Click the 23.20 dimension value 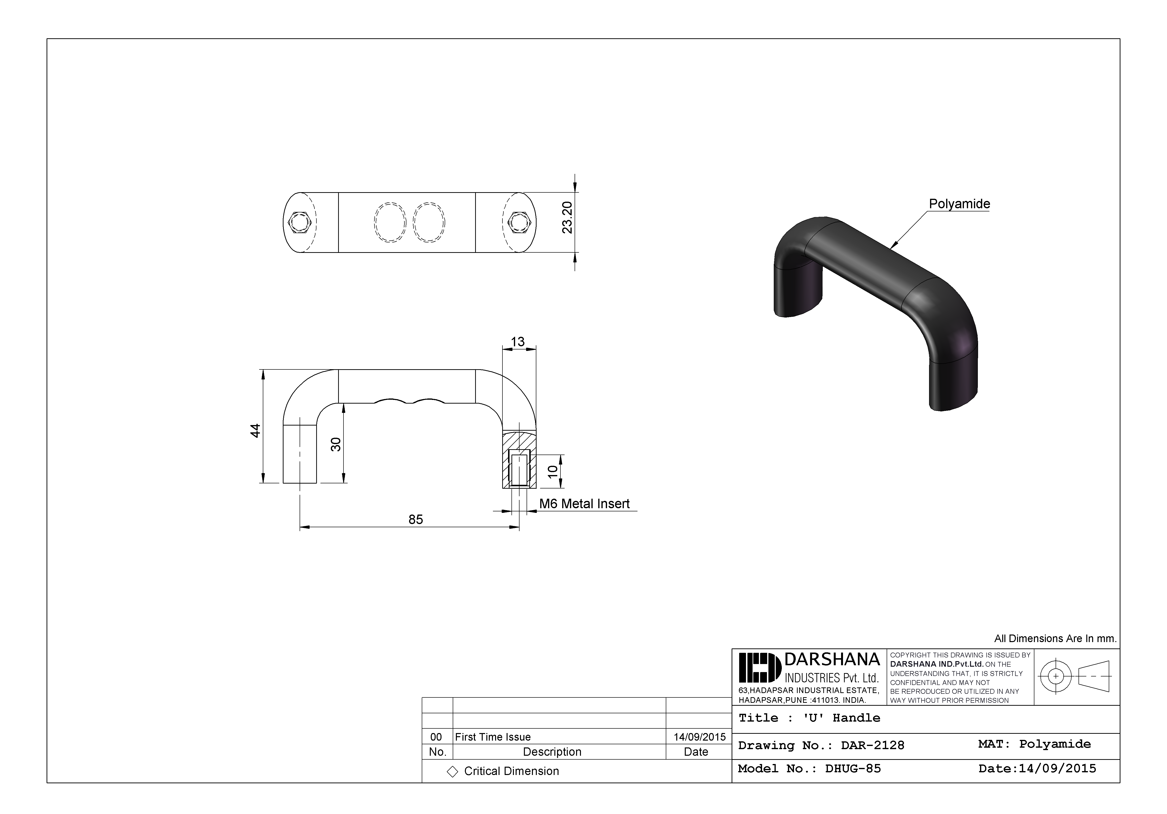point(567,218)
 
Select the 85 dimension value point(416,519)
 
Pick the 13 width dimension point(518,342)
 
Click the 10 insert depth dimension point(552,471)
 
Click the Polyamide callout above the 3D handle point(959,204)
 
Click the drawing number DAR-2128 point(872,745)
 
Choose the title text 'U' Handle point(842,718)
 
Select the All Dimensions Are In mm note point(1055,639)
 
